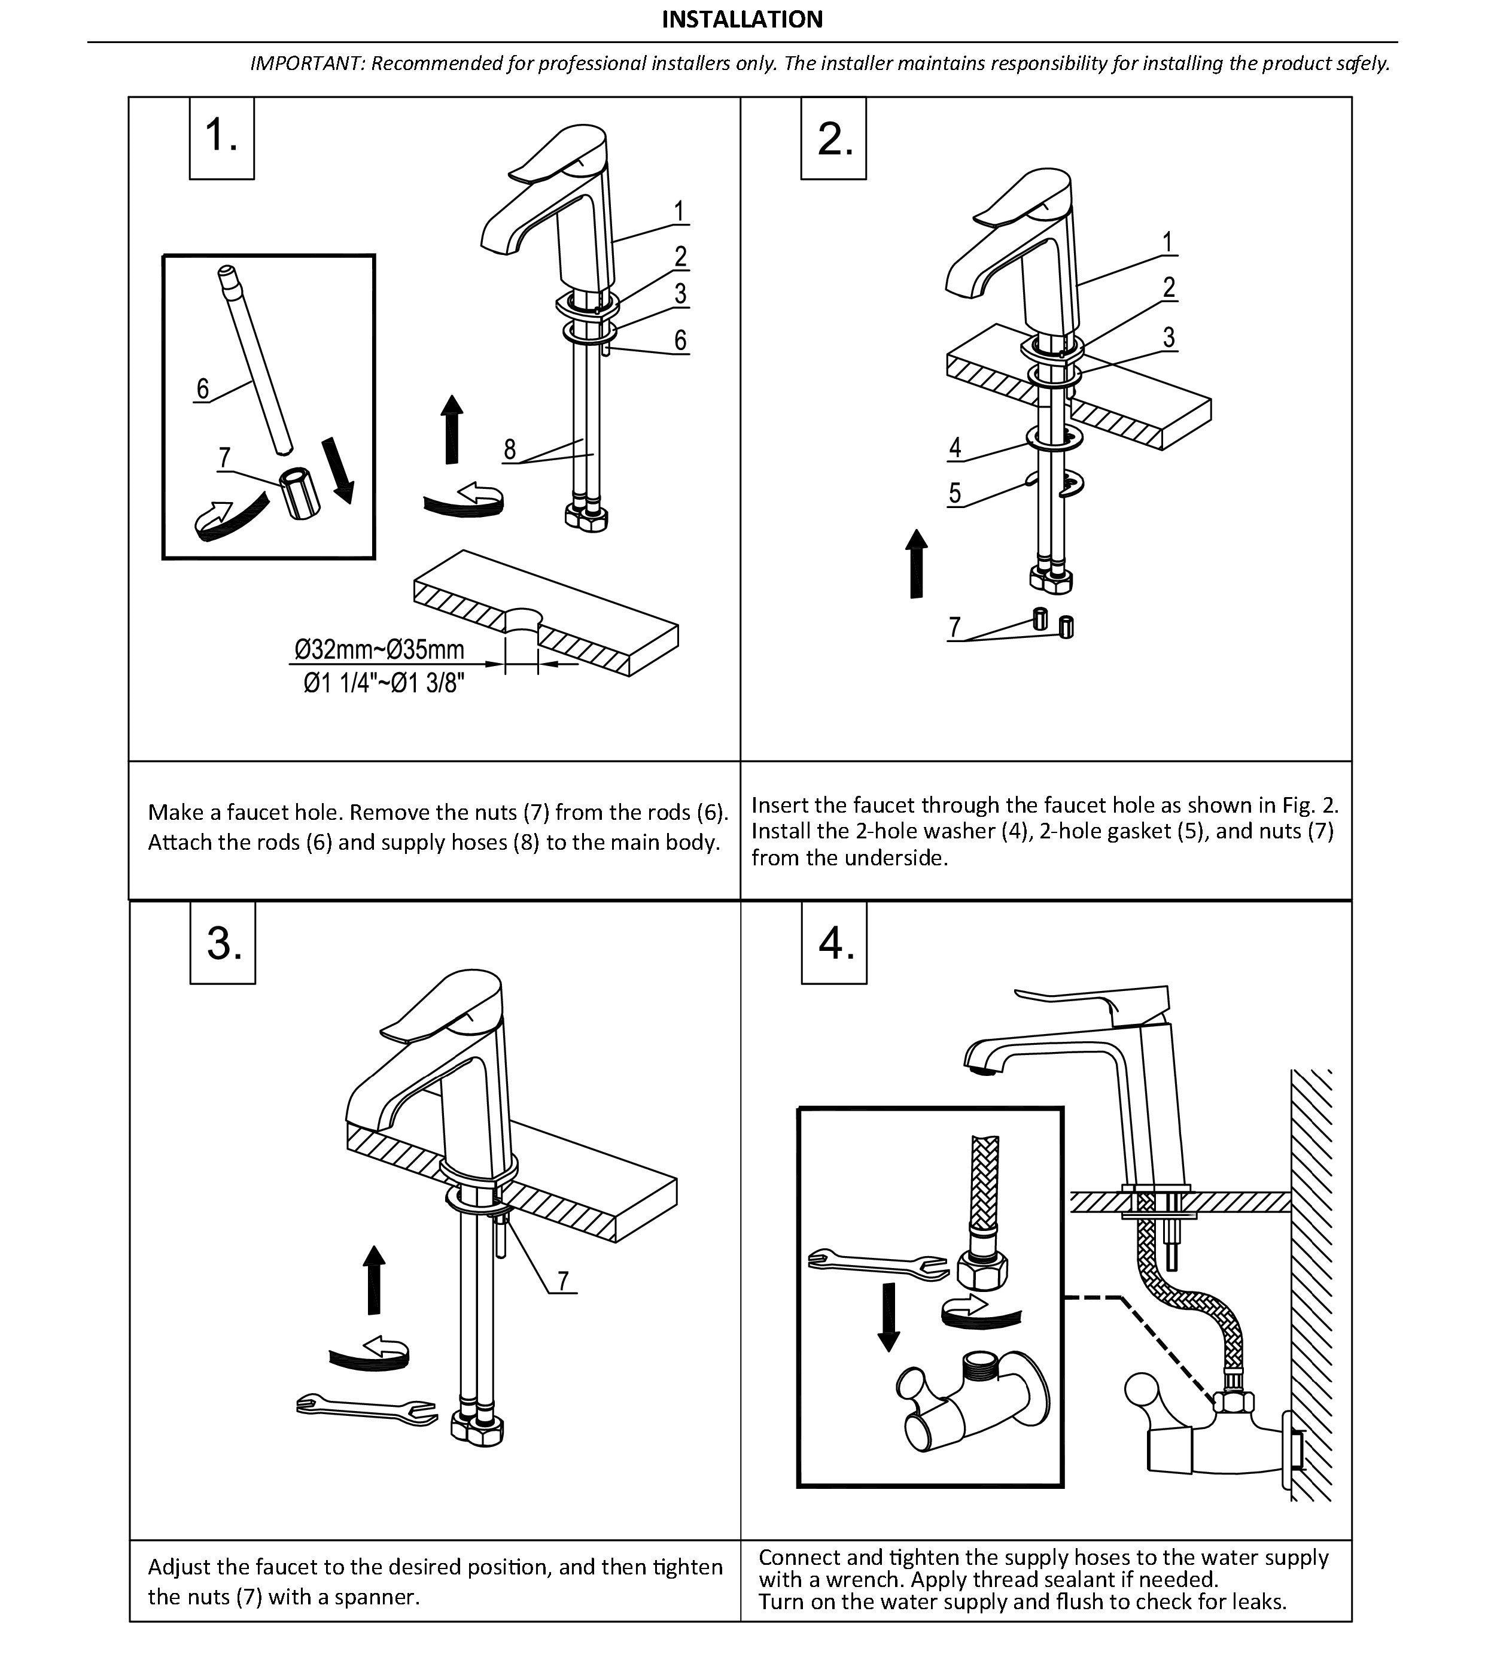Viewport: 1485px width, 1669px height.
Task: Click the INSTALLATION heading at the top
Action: [x=741, y=20]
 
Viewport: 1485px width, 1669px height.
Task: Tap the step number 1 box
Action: [x=221, y=136]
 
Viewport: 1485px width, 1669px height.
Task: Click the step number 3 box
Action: [x=223, y=943]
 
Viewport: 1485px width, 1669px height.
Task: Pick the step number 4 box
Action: [x=835, y=943]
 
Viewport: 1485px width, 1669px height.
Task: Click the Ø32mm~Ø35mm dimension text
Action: [x=379, y=649]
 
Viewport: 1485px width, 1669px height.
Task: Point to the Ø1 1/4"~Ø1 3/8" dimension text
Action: [x=384, y=683]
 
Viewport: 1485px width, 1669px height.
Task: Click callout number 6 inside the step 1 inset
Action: [x=202, y=388]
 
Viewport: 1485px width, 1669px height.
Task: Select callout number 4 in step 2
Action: [x=954, y=448]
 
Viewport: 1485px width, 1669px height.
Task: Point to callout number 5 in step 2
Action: [x=954, y=493]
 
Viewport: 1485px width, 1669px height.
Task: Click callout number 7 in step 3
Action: [x=563, y=1281]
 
